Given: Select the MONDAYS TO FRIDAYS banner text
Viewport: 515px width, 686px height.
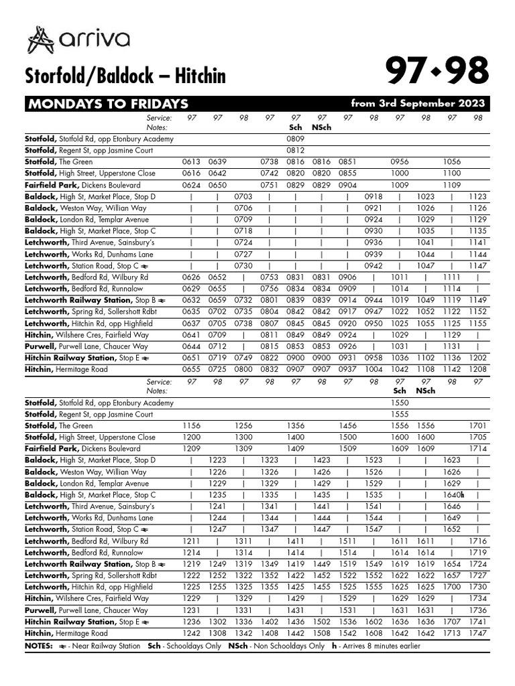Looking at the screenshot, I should tap(107, 104).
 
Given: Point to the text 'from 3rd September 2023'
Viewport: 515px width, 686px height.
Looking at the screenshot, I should tap(417, 104).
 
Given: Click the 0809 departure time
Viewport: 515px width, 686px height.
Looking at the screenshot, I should tap(295, 139).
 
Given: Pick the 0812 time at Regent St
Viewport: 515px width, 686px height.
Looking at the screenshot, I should tap(295, 150).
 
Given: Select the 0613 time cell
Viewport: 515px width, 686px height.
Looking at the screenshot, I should tap(191, 162).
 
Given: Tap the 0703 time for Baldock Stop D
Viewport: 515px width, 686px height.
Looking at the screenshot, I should tap(243, 196).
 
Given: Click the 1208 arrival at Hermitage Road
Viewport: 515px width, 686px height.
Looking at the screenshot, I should tap(477, 369).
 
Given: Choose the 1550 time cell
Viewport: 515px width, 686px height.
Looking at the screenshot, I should tap(400, 403).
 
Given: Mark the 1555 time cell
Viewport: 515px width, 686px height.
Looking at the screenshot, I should tap(400, 414).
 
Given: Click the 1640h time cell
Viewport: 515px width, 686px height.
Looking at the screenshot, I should tap(453, 495).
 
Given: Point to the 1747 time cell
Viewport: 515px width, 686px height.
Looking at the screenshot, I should tap(477, 633).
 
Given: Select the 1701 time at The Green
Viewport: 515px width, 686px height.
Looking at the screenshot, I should tap(477, 425).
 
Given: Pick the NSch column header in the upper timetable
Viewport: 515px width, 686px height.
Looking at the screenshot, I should tap(321, 127).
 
